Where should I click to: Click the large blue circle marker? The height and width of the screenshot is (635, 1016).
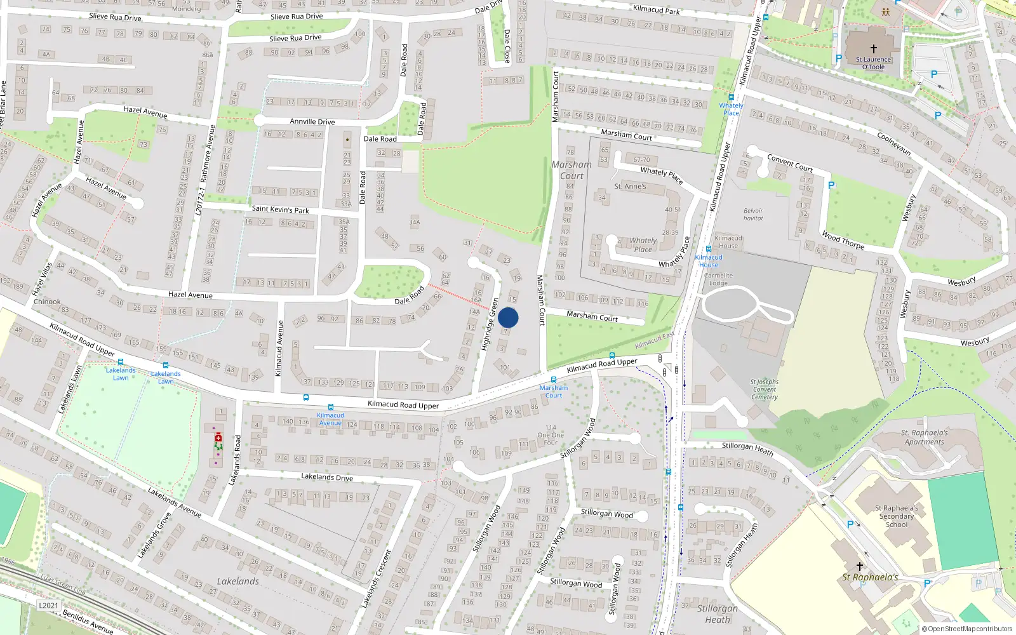click(x=508, y=317)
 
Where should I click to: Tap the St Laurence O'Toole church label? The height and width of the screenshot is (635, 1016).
click(x=873, y=63)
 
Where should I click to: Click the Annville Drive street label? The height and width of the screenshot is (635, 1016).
click(x=312, y=121)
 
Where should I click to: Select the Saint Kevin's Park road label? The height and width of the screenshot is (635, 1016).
click(x=280, y=209)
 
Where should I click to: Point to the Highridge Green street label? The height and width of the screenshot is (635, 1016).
click(x=490, y=324)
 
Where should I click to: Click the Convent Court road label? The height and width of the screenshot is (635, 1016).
click(x=789, y=163)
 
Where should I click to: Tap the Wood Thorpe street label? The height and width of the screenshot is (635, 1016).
click(x=843, y=240)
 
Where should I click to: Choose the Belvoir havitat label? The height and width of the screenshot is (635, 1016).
click(x=753, y=215)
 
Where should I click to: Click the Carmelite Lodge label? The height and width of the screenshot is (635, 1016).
click(x=718, y=279)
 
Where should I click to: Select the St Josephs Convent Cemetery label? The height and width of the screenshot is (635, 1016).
click(x=764, y=390)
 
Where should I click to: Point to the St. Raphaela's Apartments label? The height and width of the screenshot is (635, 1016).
click(x=924, y=437)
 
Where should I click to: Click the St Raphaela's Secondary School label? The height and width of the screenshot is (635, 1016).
click(x=896, y=516)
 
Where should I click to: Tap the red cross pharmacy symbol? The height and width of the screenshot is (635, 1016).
click(x=218, y=437)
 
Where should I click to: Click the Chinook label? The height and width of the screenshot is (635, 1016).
click(x=47, y=302)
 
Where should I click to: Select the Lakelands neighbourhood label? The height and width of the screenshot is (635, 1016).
click(x=237, y=581)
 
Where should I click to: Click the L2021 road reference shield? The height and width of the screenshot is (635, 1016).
click(x=48, y=605)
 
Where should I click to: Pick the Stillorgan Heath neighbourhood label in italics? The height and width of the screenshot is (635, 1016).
click(x=718, y=613)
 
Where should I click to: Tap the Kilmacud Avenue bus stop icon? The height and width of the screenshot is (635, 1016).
click(x=330, y=407)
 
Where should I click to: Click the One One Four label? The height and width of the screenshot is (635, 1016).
click(x=550, y=436)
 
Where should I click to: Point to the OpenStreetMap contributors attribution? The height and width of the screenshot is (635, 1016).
click(x=966, y=629)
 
